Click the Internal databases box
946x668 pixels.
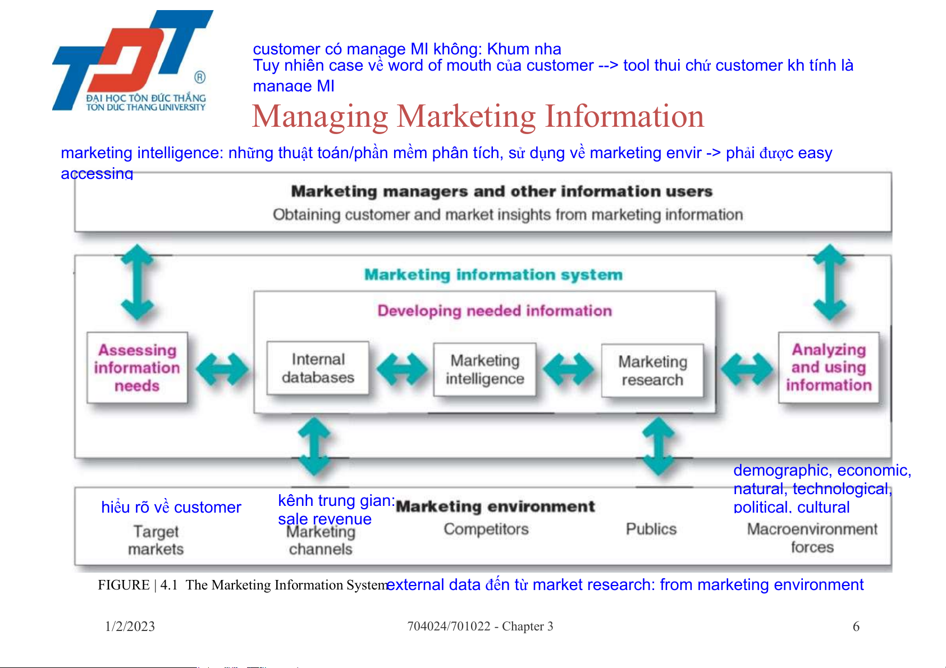click(318, 368)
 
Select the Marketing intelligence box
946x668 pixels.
click(485, 370)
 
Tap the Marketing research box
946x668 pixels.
click(652, 371)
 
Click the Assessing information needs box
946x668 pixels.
click(137, 367)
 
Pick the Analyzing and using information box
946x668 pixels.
click(829, 367)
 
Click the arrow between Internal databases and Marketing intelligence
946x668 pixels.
click(401, 369)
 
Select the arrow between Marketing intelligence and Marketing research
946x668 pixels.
click(569, 369)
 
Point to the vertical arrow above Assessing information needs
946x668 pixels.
click(137, 282)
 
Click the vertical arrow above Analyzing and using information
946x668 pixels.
click(830, 282)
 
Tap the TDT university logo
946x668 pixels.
click(132, 61)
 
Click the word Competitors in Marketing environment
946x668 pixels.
click(486, 529)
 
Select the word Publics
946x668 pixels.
click(651, 529)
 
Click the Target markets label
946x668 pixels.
click(156, 540)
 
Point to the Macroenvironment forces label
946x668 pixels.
click(812, 538)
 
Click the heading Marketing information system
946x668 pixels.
click(493, 275)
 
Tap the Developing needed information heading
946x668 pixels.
click(495, 311)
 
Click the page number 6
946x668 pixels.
click(856, 626)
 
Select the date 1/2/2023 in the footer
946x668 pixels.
click(130, 626)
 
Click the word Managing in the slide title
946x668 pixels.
click(320, 117)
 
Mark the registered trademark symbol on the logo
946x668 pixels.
click(200, 77)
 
